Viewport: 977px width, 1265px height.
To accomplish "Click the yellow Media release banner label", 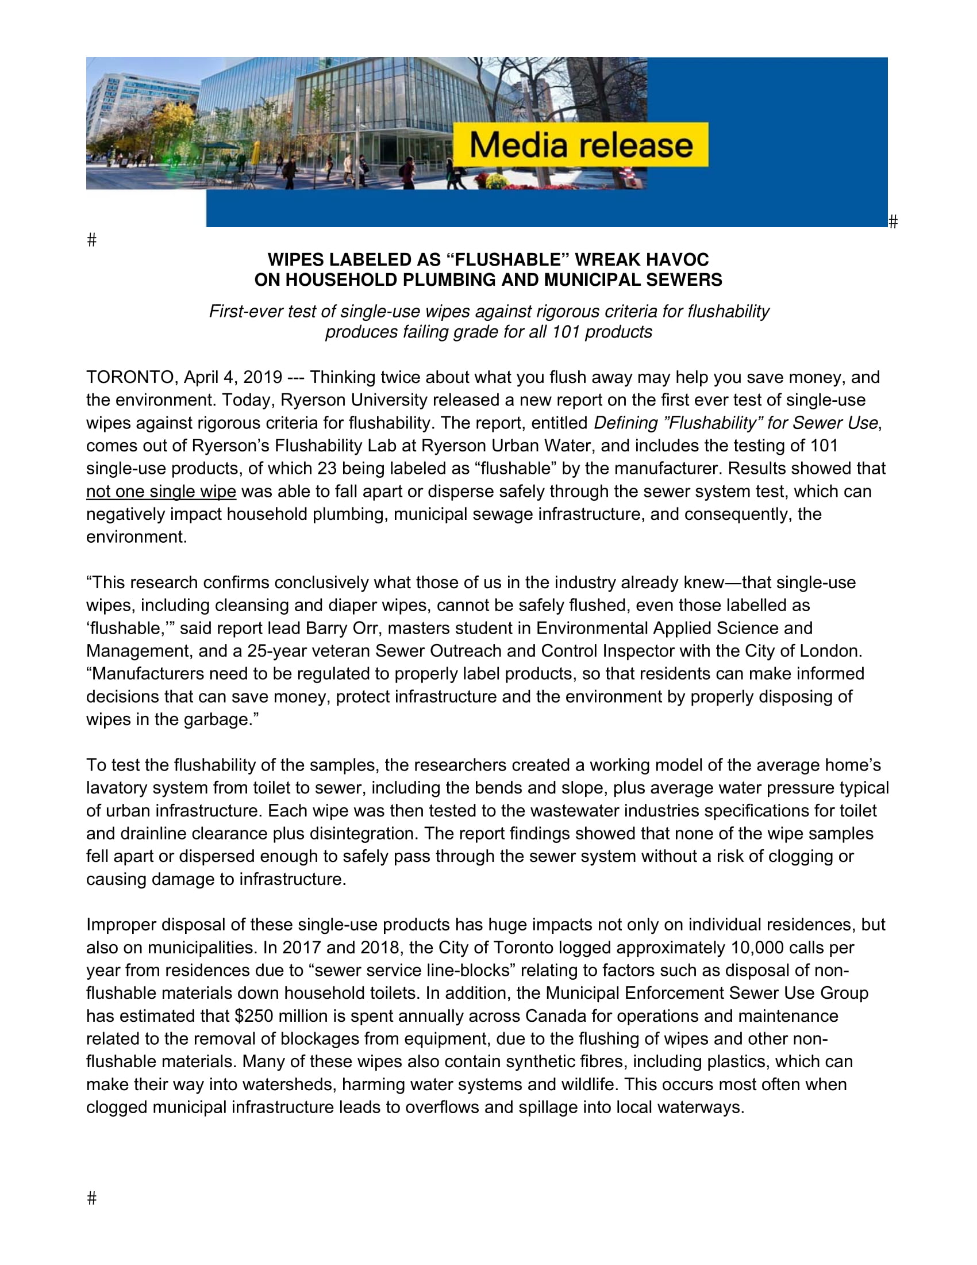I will click(580, 145).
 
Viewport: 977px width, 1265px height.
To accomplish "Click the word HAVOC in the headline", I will click(677, 259).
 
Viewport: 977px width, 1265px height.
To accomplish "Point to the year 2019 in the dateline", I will click(262, 377).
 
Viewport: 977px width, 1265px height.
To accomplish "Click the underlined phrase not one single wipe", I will click(161, 491).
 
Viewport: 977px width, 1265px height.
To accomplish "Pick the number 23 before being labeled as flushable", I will click(327, 468).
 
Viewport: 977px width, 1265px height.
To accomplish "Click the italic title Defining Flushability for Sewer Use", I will click(736, 423).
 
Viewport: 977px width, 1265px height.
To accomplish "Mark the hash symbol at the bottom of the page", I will click(91, 1198).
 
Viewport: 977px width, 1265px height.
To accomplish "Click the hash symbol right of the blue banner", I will click(893, 221).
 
